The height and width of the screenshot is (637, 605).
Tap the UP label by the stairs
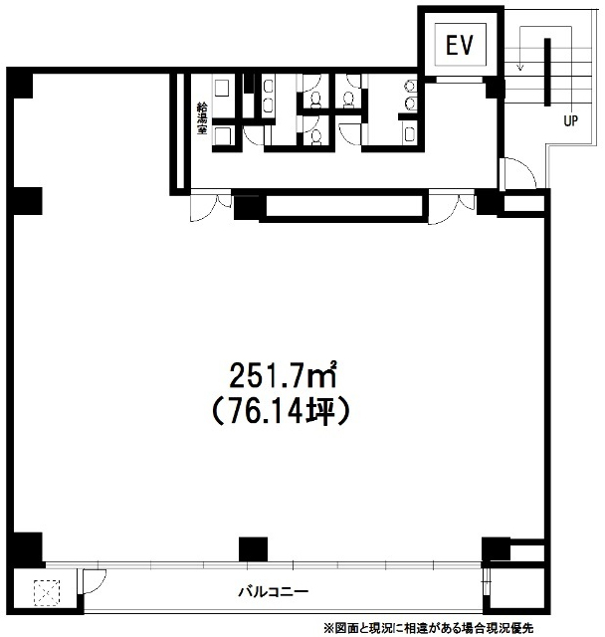tap(570, 120)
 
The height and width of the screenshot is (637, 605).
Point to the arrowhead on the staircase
tap(520, 67)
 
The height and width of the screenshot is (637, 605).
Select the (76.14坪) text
tap(282, 411)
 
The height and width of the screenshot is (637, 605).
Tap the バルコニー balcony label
tap(274, 591)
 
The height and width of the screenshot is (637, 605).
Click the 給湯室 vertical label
tap(202, 118)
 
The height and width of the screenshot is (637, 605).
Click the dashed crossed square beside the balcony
tap(47, 593)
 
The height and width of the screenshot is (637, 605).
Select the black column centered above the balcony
tap(253, 549)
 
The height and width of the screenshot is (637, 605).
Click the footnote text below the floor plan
tap(427, 628)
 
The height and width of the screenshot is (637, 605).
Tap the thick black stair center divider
tap(547, 73)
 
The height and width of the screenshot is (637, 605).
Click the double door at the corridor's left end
tap(211, 206)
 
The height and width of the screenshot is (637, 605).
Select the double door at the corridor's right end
tap(452, 207)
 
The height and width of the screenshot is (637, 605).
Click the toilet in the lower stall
tap(315, 137)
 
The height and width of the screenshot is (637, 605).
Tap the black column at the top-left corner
tap(20, 84)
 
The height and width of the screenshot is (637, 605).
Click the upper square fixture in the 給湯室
tap(222, 88)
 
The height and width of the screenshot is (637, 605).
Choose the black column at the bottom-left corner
tap(25, 549)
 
